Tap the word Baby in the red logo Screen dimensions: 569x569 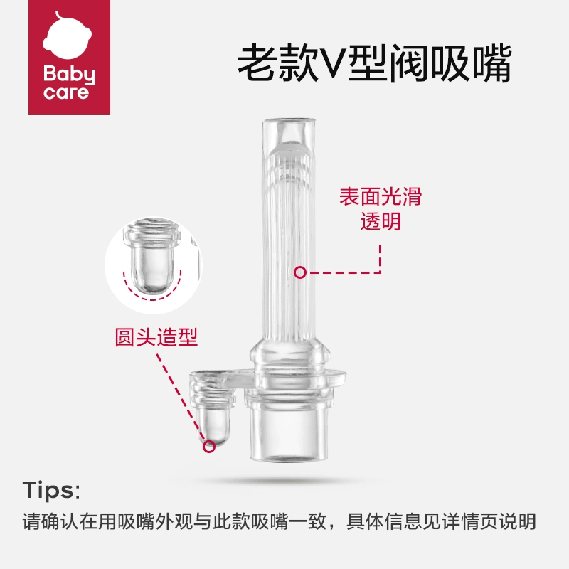tap(69, 75)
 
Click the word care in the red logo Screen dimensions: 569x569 tap(66, 92)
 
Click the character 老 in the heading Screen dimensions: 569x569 tap(257, 63)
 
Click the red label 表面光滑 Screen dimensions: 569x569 tap(381, 196)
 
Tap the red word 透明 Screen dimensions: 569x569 tap(381, 220)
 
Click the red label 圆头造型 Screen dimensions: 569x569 tap(156, 336)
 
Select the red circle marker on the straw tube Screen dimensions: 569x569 tap(300, 272)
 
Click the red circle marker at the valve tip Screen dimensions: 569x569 tap(209, 446)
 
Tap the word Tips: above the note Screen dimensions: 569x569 tap(51, 490)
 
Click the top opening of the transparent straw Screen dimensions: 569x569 tap(289, 121)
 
